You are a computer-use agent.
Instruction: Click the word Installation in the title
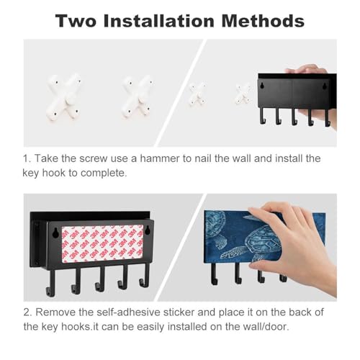159,21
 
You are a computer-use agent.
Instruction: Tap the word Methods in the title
263,21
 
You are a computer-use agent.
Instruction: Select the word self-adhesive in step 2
128,312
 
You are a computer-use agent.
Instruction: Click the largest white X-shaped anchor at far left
64,96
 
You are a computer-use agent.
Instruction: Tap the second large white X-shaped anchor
138,96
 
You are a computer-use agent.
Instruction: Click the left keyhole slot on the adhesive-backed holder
55,233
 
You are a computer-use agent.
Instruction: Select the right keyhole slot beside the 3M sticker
148,230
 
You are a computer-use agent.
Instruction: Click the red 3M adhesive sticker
102,244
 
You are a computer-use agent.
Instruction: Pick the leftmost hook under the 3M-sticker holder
50,282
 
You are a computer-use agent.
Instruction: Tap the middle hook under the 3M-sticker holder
100,279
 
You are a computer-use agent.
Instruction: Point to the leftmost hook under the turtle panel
215,274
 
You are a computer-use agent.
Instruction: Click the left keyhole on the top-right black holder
263,85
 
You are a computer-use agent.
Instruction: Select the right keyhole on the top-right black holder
325,85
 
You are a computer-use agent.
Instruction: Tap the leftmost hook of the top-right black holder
263,116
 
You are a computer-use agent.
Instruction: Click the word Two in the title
76,21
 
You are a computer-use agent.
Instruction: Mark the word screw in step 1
93,158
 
